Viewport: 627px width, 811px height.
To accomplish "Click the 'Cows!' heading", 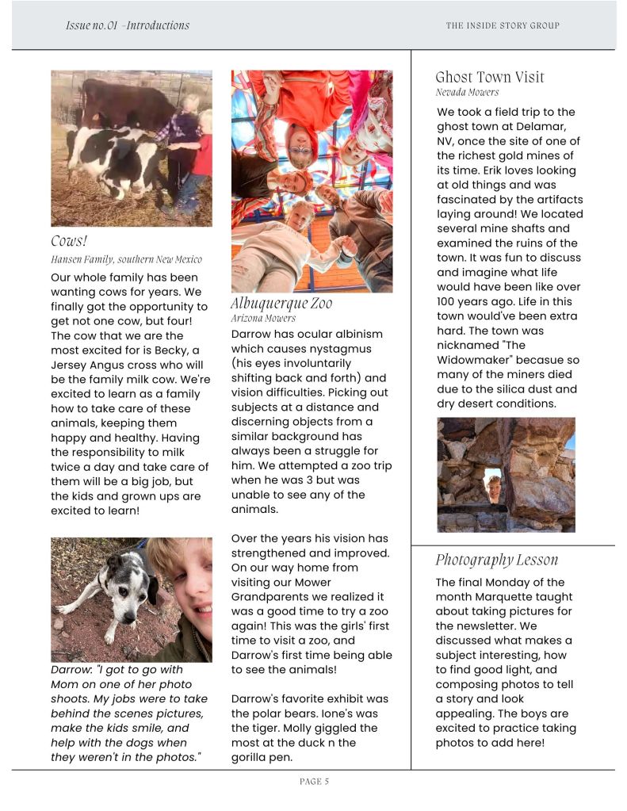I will pos(69,241).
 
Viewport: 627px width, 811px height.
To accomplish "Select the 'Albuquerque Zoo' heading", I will pos(281,303).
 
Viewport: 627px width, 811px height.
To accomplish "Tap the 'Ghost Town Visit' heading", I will pos(490,77).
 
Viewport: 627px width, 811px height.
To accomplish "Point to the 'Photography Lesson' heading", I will pos(496,560).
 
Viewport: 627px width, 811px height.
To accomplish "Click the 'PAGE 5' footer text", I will pos(314,782).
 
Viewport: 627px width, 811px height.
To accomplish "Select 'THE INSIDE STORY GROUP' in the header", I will pos(503,25).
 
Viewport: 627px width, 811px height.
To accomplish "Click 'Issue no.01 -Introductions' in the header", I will pos(128,25).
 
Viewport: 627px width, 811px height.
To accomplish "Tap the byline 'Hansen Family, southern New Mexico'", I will pos(126,259).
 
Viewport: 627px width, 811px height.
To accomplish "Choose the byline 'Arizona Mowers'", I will pos(263,318).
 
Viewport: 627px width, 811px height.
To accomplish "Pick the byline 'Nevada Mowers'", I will pos(467,92).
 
